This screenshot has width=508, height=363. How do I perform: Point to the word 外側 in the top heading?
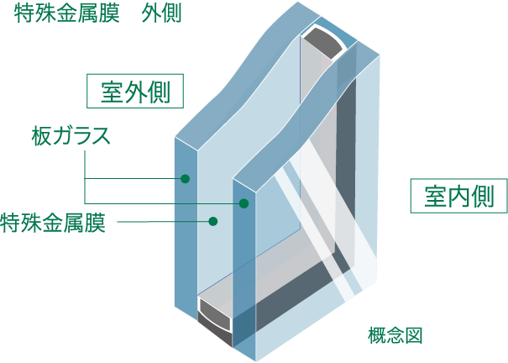coord(161,15)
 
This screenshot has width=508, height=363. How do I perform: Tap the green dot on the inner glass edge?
coord(245,203)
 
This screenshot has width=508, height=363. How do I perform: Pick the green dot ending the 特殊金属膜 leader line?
coord(213,222)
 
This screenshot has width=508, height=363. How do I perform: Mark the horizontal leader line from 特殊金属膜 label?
coord(164,222)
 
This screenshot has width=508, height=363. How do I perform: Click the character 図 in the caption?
coord(412,335)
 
